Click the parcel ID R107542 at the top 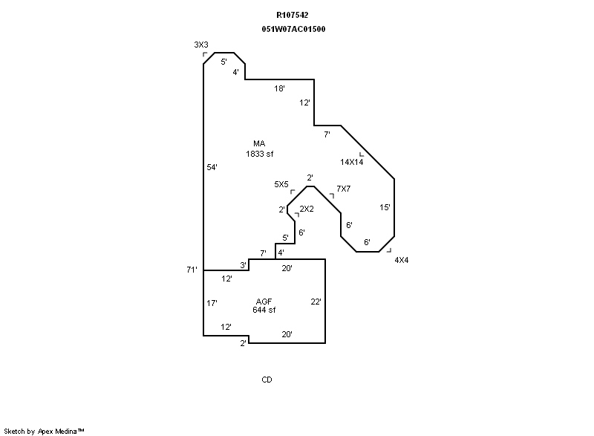point(293,15)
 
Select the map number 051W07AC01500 point(293,29)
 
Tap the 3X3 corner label point(200,45)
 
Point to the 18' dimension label point(279,88)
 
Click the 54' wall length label point(212,168)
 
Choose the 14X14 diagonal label point(351,162)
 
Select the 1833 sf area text point(260,154)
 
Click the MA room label point(259,144)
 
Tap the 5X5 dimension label point(281,183)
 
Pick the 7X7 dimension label point(343,189)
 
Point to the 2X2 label point(307,209)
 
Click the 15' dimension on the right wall point(385,208)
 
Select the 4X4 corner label point(401,260)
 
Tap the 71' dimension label point(192,270)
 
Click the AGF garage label point(264,301)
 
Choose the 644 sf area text point(264,310)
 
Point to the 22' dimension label point(316,302)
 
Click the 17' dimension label point(212,303)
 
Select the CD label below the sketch point(267,380)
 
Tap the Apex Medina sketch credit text point(45,430)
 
